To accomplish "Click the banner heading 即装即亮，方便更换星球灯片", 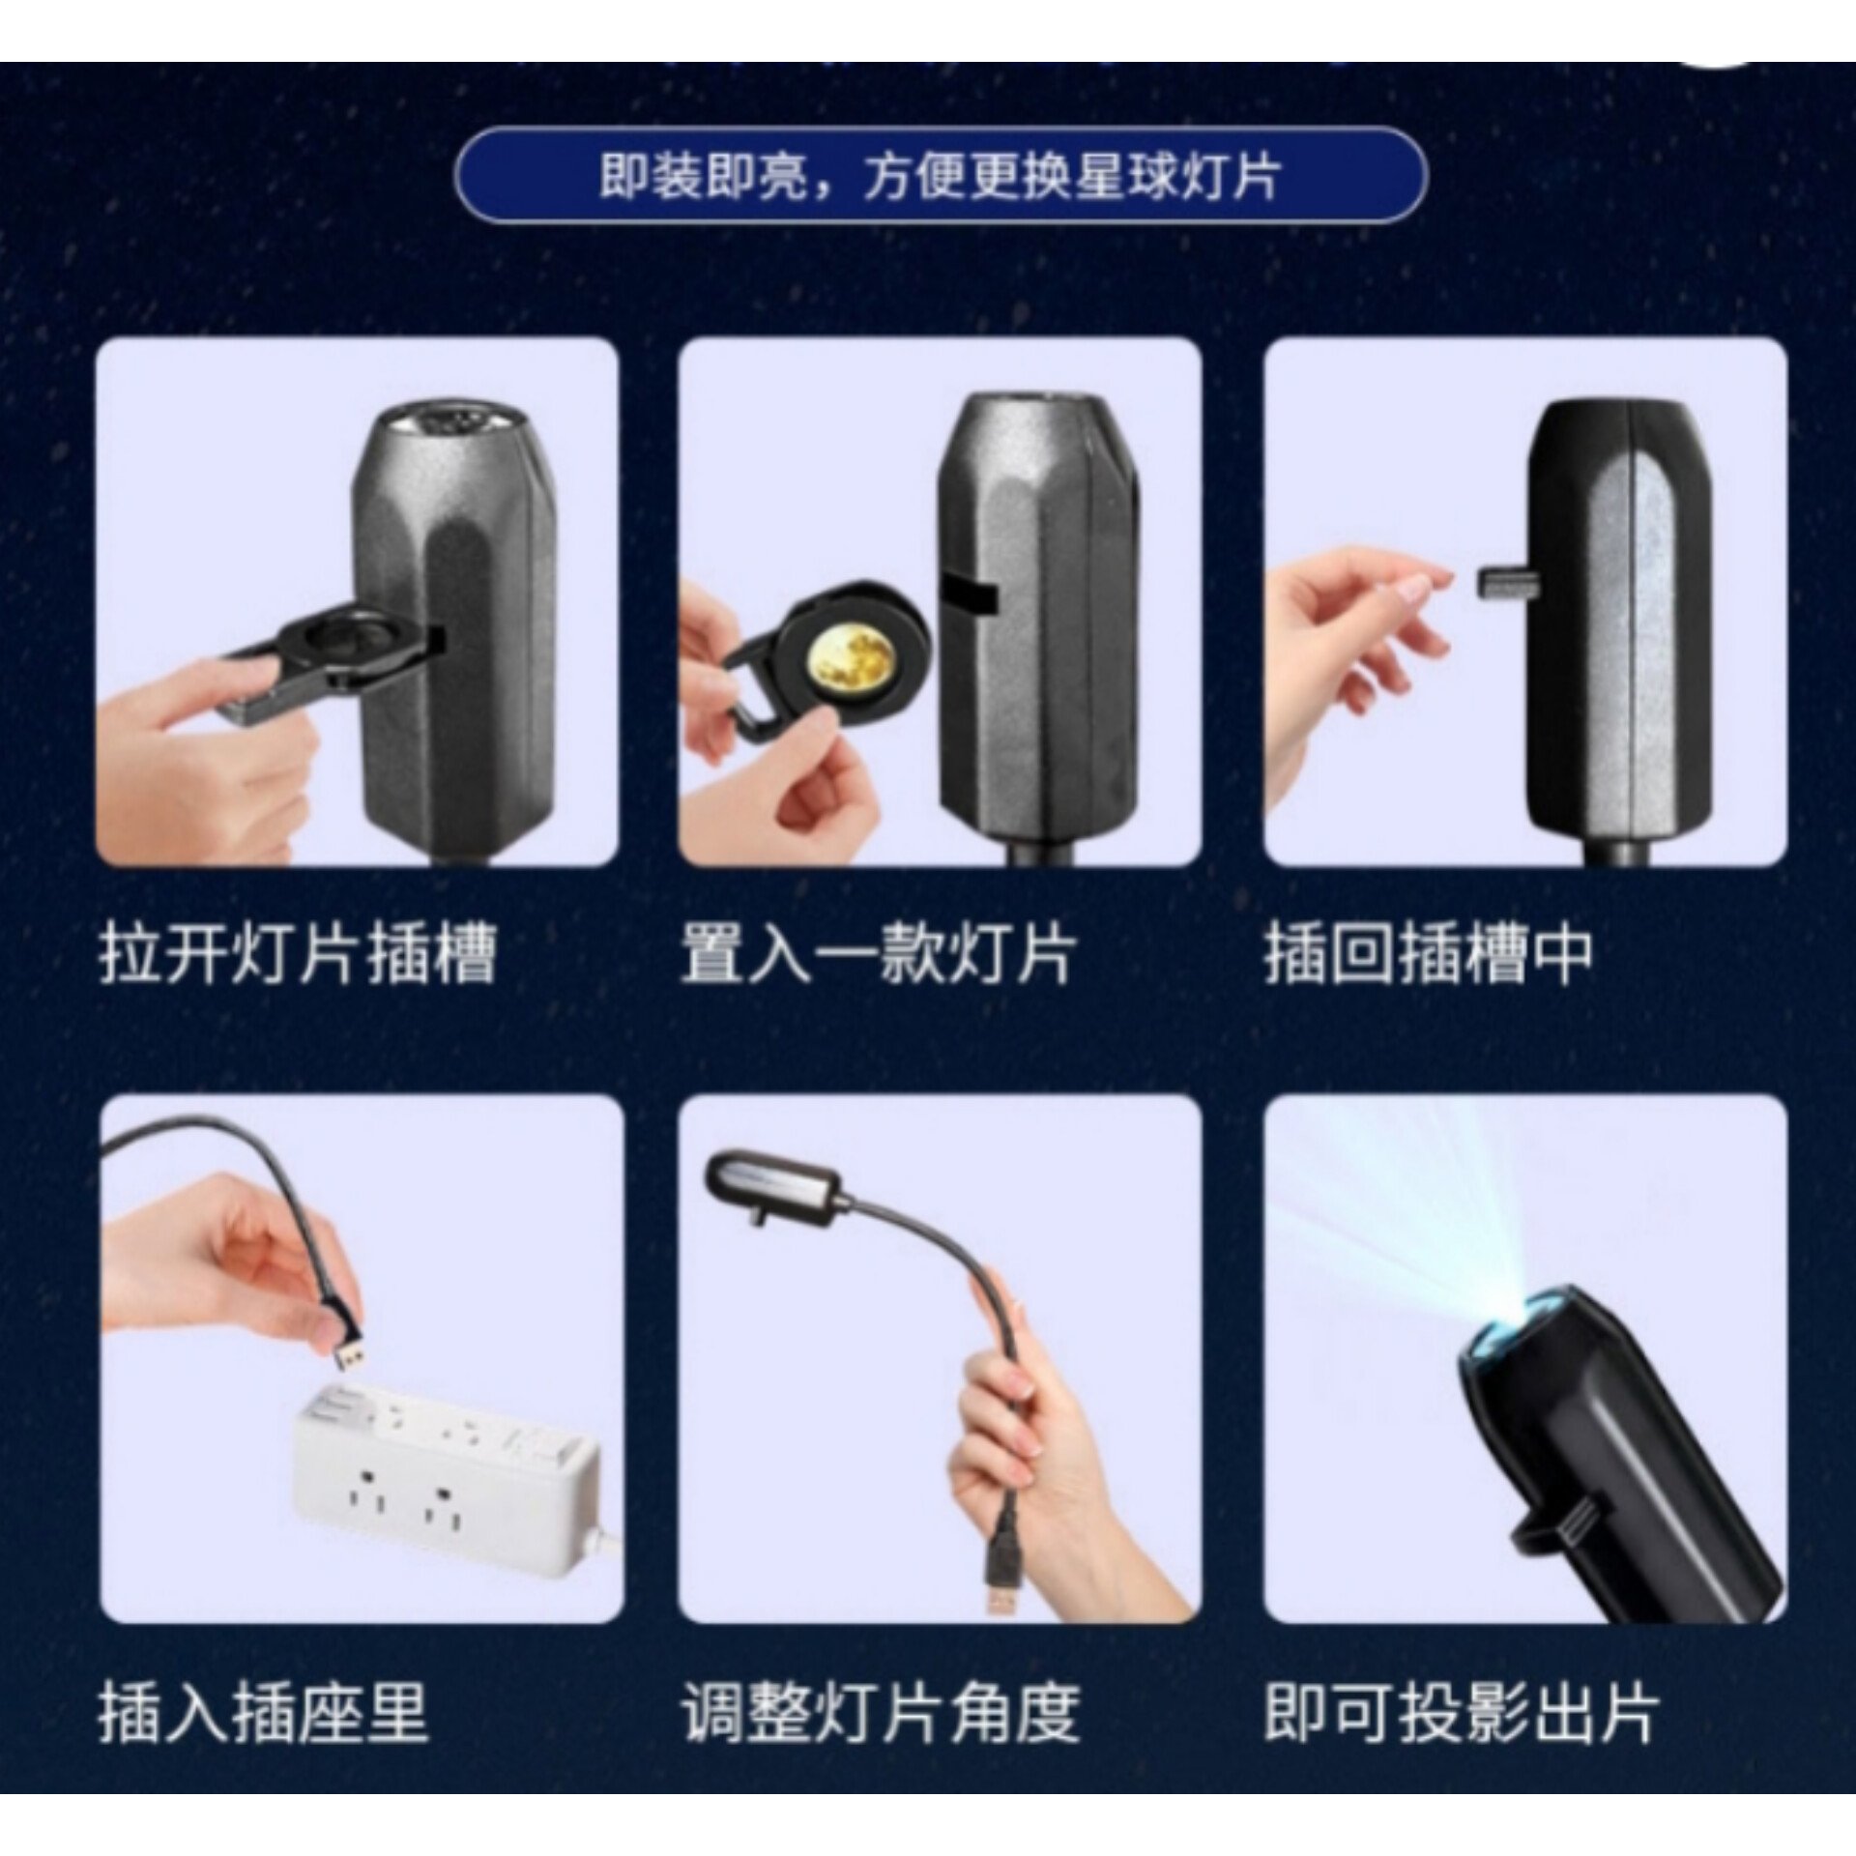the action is (x=940, y=178).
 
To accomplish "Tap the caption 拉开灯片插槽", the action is (x=298, y=955).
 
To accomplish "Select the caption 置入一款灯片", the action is (x=878, y=955).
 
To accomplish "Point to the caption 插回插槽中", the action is (x=1429, y=955).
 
